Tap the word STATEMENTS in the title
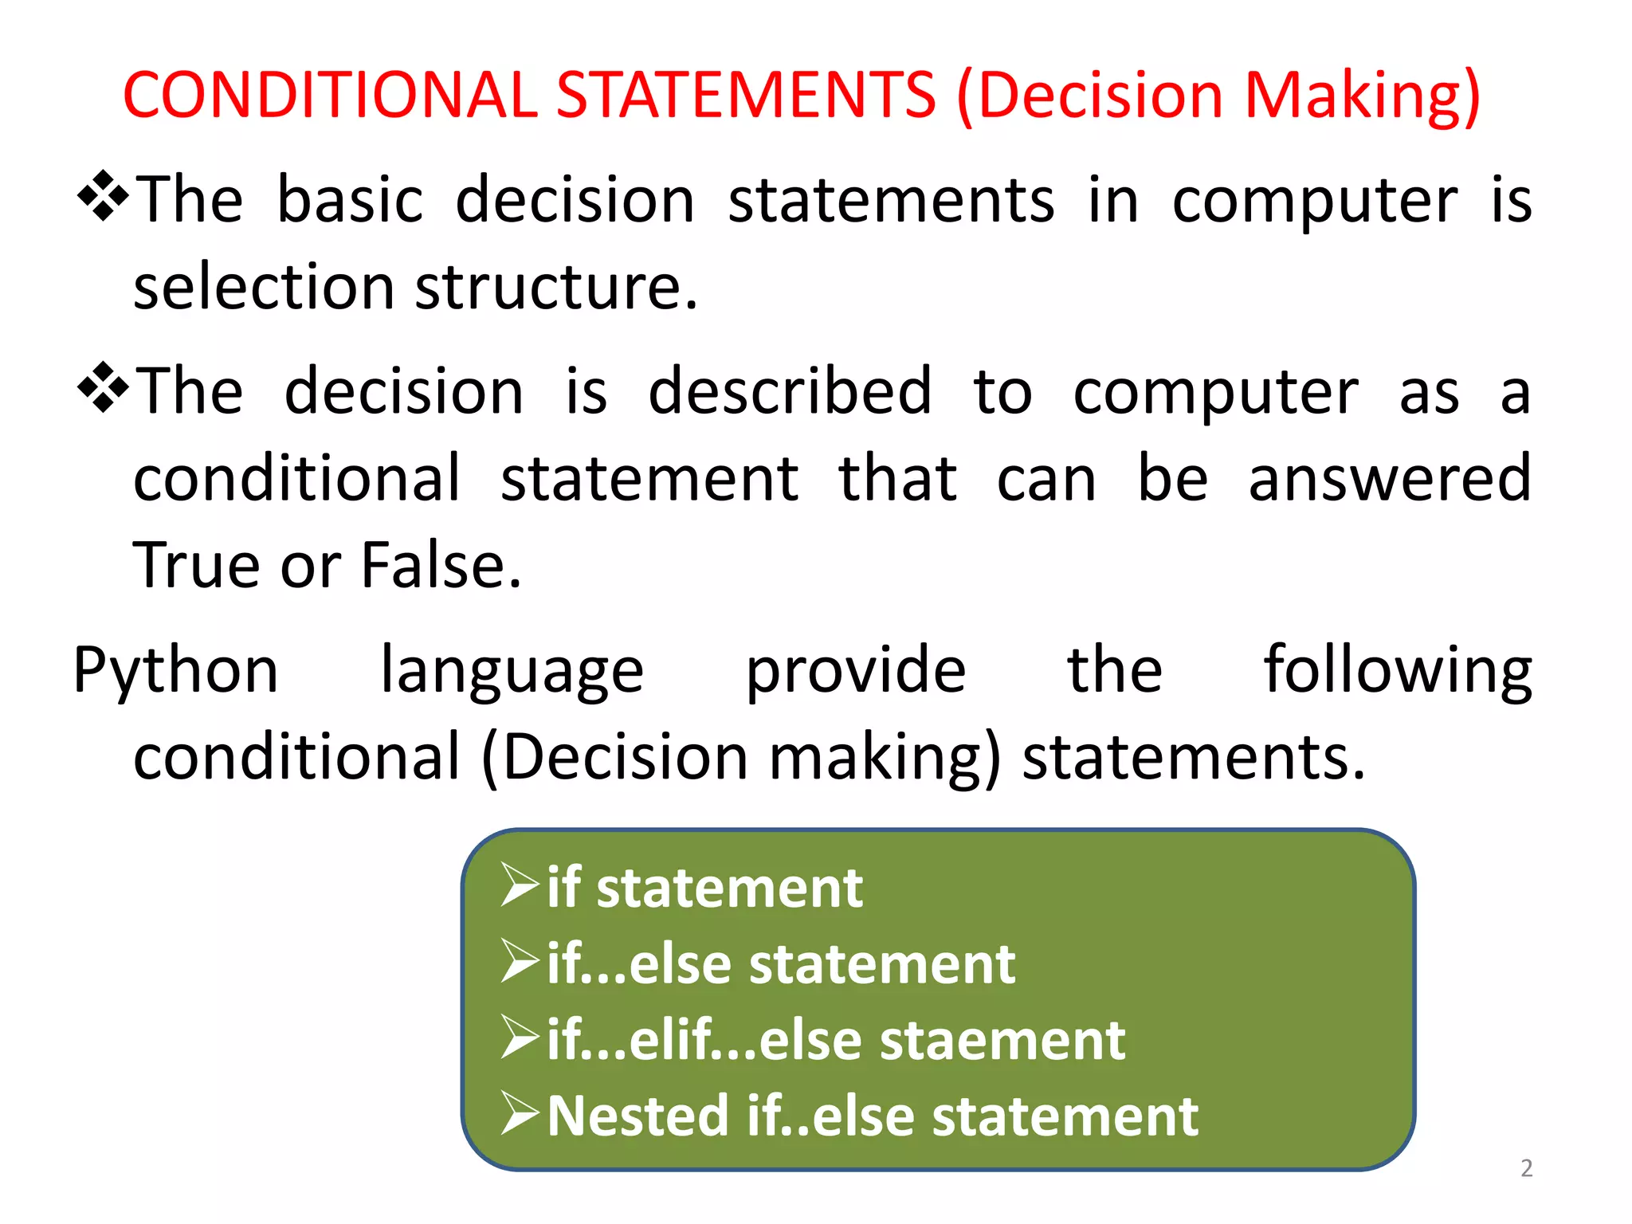[x=745, y=95]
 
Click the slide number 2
[x=1526, y=1168]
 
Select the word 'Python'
[x=176, y=671]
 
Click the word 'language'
[x=512, y=671]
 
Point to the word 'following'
[x=1398, y=671]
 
